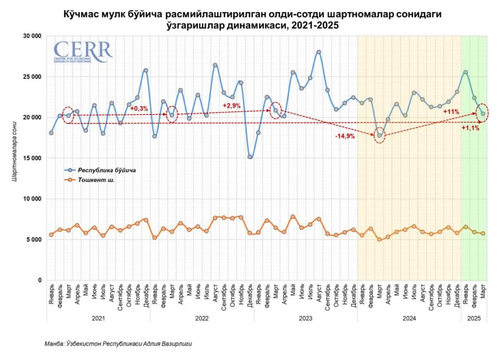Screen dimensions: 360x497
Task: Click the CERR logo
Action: [x=83, y=51]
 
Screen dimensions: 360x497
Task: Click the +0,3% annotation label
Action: [x=139, y=108]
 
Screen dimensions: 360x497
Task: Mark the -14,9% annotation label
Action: [x=345, y=137]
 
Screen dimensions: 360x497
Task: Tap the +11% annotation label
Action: [x=451, y=112]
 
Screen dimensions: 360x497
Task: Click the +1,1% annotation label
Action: [x=470, y=128]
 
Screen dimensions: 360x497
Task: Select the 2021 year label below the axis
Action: [x=98, y=319]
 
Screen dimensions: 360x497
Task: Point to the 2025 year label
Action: [x=474, y=319]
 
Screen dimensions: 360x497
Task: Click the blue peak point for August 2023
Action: [x=319, y=52]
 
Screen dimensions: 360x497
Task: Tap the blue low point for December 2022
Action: [x=250, y=157]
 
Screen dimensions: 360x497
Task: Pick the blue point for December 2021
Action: [x=146, y=70]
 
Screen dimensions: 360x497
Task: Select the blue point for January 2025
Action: [x=465, y=72]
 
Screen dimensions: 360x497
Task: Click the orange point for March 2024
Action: [x=380, y=240]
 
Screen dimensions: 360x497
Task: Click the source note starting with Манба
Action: [x=118, y=344]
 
